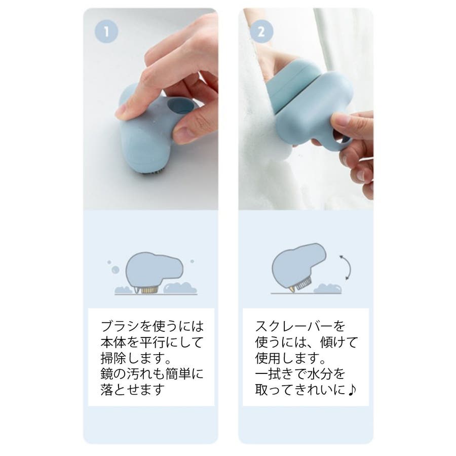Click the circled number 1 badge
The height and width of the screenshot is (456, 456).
(106, 31)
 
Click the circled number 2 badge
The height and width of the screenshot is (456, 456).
(261, 31)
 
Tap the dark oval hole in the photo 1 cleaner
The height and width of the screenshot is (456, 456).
(180, 106)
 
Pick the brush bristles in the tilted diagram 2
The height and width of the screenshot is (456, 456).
(303, 283)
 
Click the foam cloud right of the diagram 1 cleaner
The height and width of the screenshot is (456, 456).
(180, 288)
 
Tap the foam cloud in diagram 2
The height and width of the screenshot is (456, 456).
(327, 288)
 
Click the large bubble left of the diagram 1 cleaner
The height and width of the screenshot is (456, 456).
(116, 270)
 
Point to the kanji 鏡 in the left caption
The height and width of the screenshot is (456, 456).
(107, 374)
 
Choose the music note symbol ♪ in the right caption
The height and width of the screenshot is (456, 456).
(352, 390)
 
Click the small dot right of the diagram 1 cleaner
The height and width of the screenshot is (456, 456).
(192, 261)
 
